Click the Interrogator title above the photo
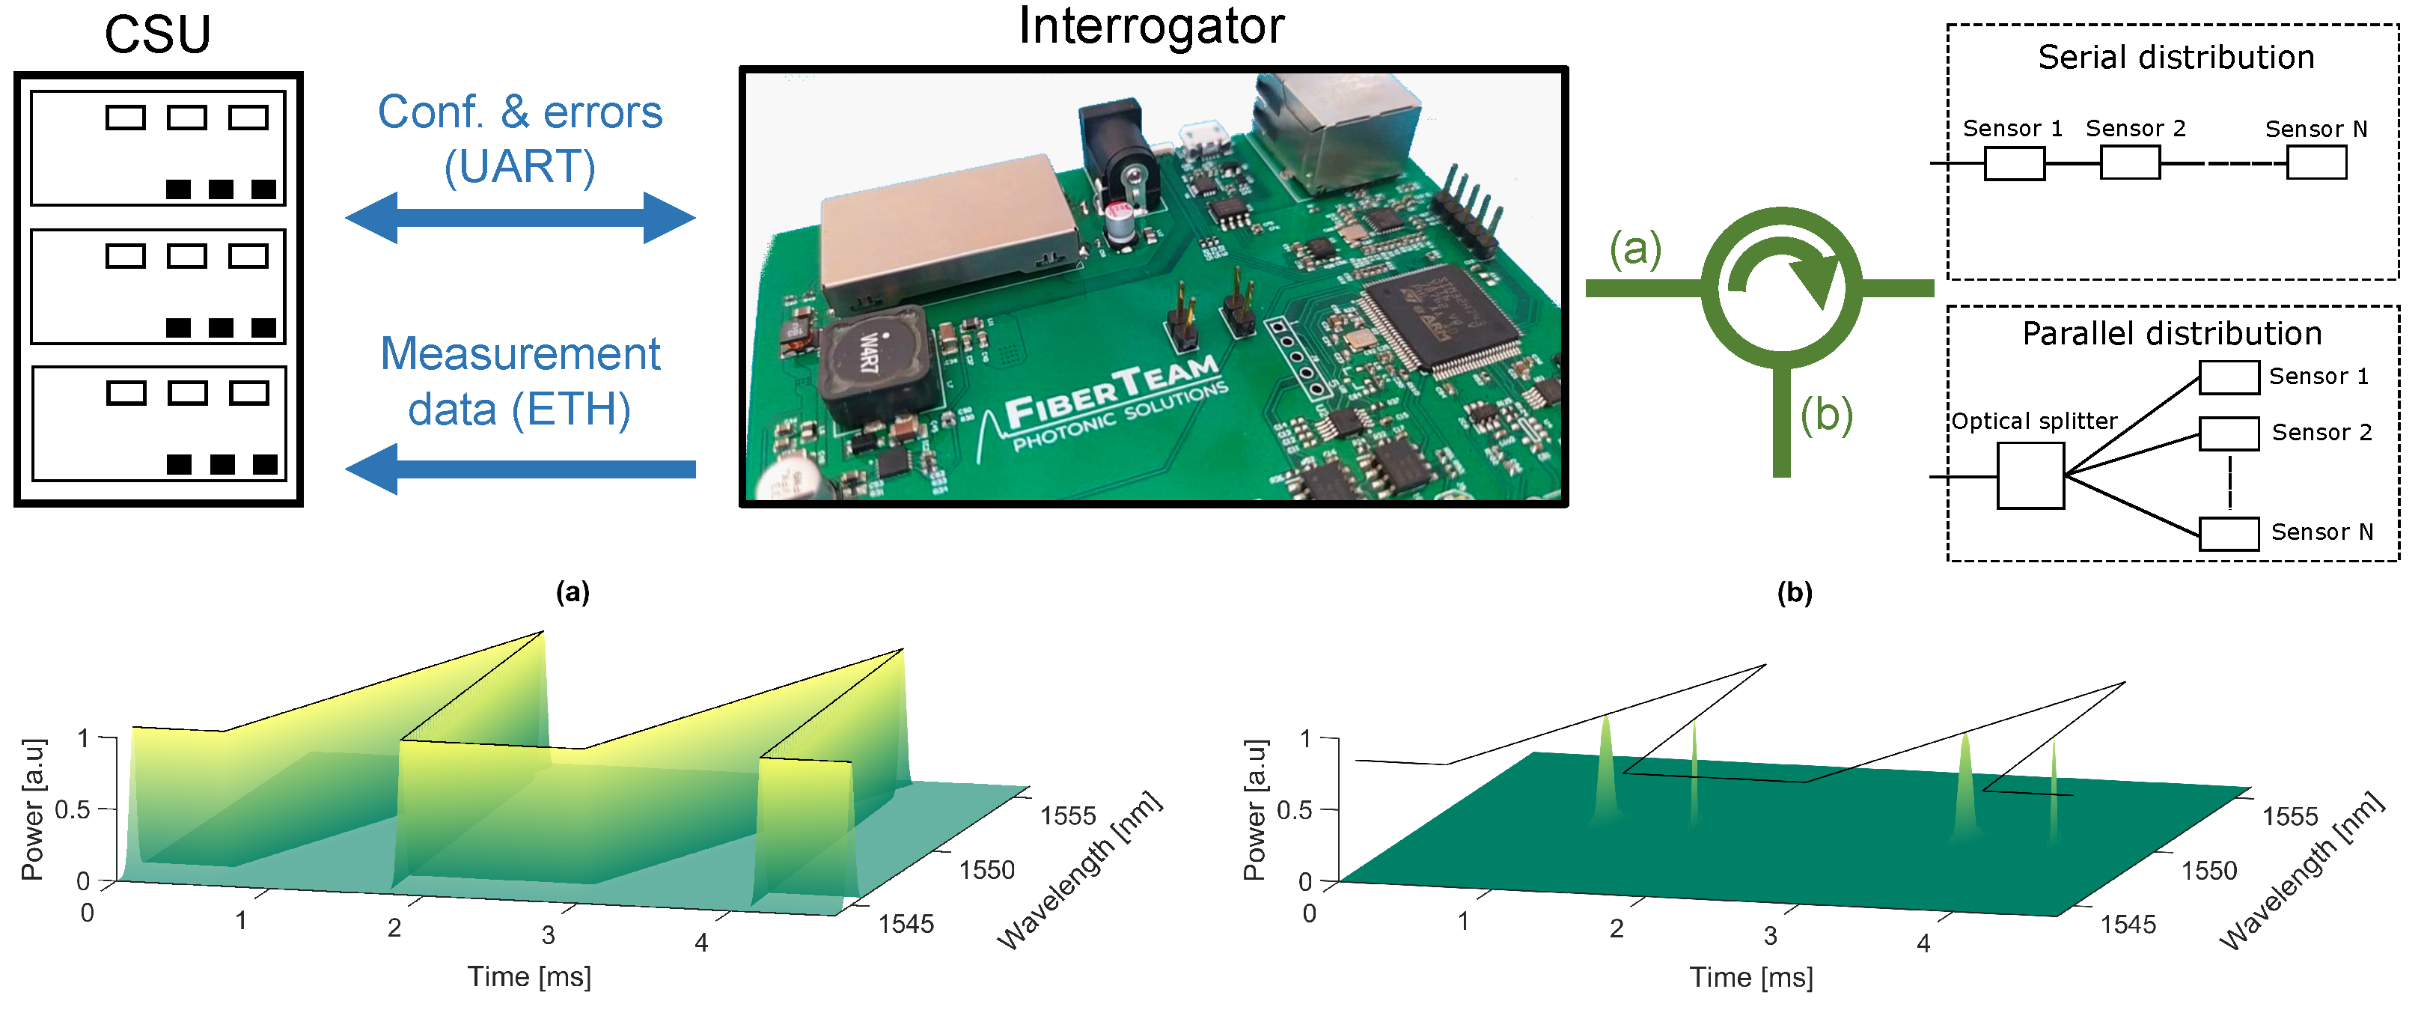(1150, 26)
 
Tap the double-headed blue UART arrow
(519, 217)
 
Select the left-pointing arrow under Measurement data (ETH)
(519, 469)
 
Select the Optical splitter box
(2030, 476)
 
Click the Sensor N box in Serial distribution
(2316, 162)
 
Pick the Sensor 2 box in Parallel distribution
(2228, 434)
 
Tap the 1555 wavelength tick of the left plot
(1067, 815)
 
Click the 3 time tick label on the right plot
(1769, 936)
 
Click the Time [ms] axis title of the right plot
(1750, 977)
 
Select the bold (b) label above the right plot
(1794, 592)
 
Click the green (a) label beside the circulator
(1635, 249)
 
